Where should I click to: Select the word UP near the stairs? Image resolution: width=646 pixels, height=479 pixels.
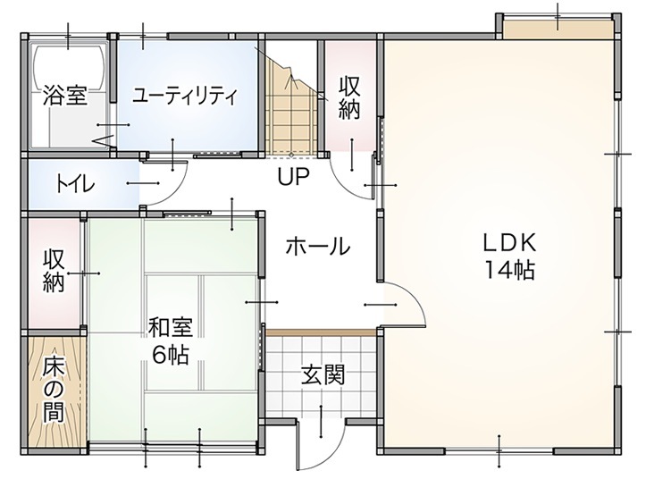[x=292, y=176]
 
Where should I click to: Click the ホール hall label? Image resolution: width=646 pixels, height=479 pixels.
[x=317, y=248]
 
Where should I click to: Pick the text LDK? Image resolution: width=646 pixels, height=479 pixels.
[x=509, y=242]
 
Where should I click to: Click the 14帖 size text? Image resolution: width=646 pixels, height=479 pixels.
[x=509, y=269]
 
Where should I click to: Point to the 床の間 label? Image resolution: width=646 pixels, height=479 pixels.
[x=55, y=390]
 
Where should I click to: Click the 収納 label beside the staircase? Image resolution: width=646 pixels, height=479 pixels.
[x=348, y=98]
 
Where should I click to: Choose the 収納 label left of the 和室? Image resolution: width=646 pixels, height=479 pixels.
[x=55, y=271]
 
